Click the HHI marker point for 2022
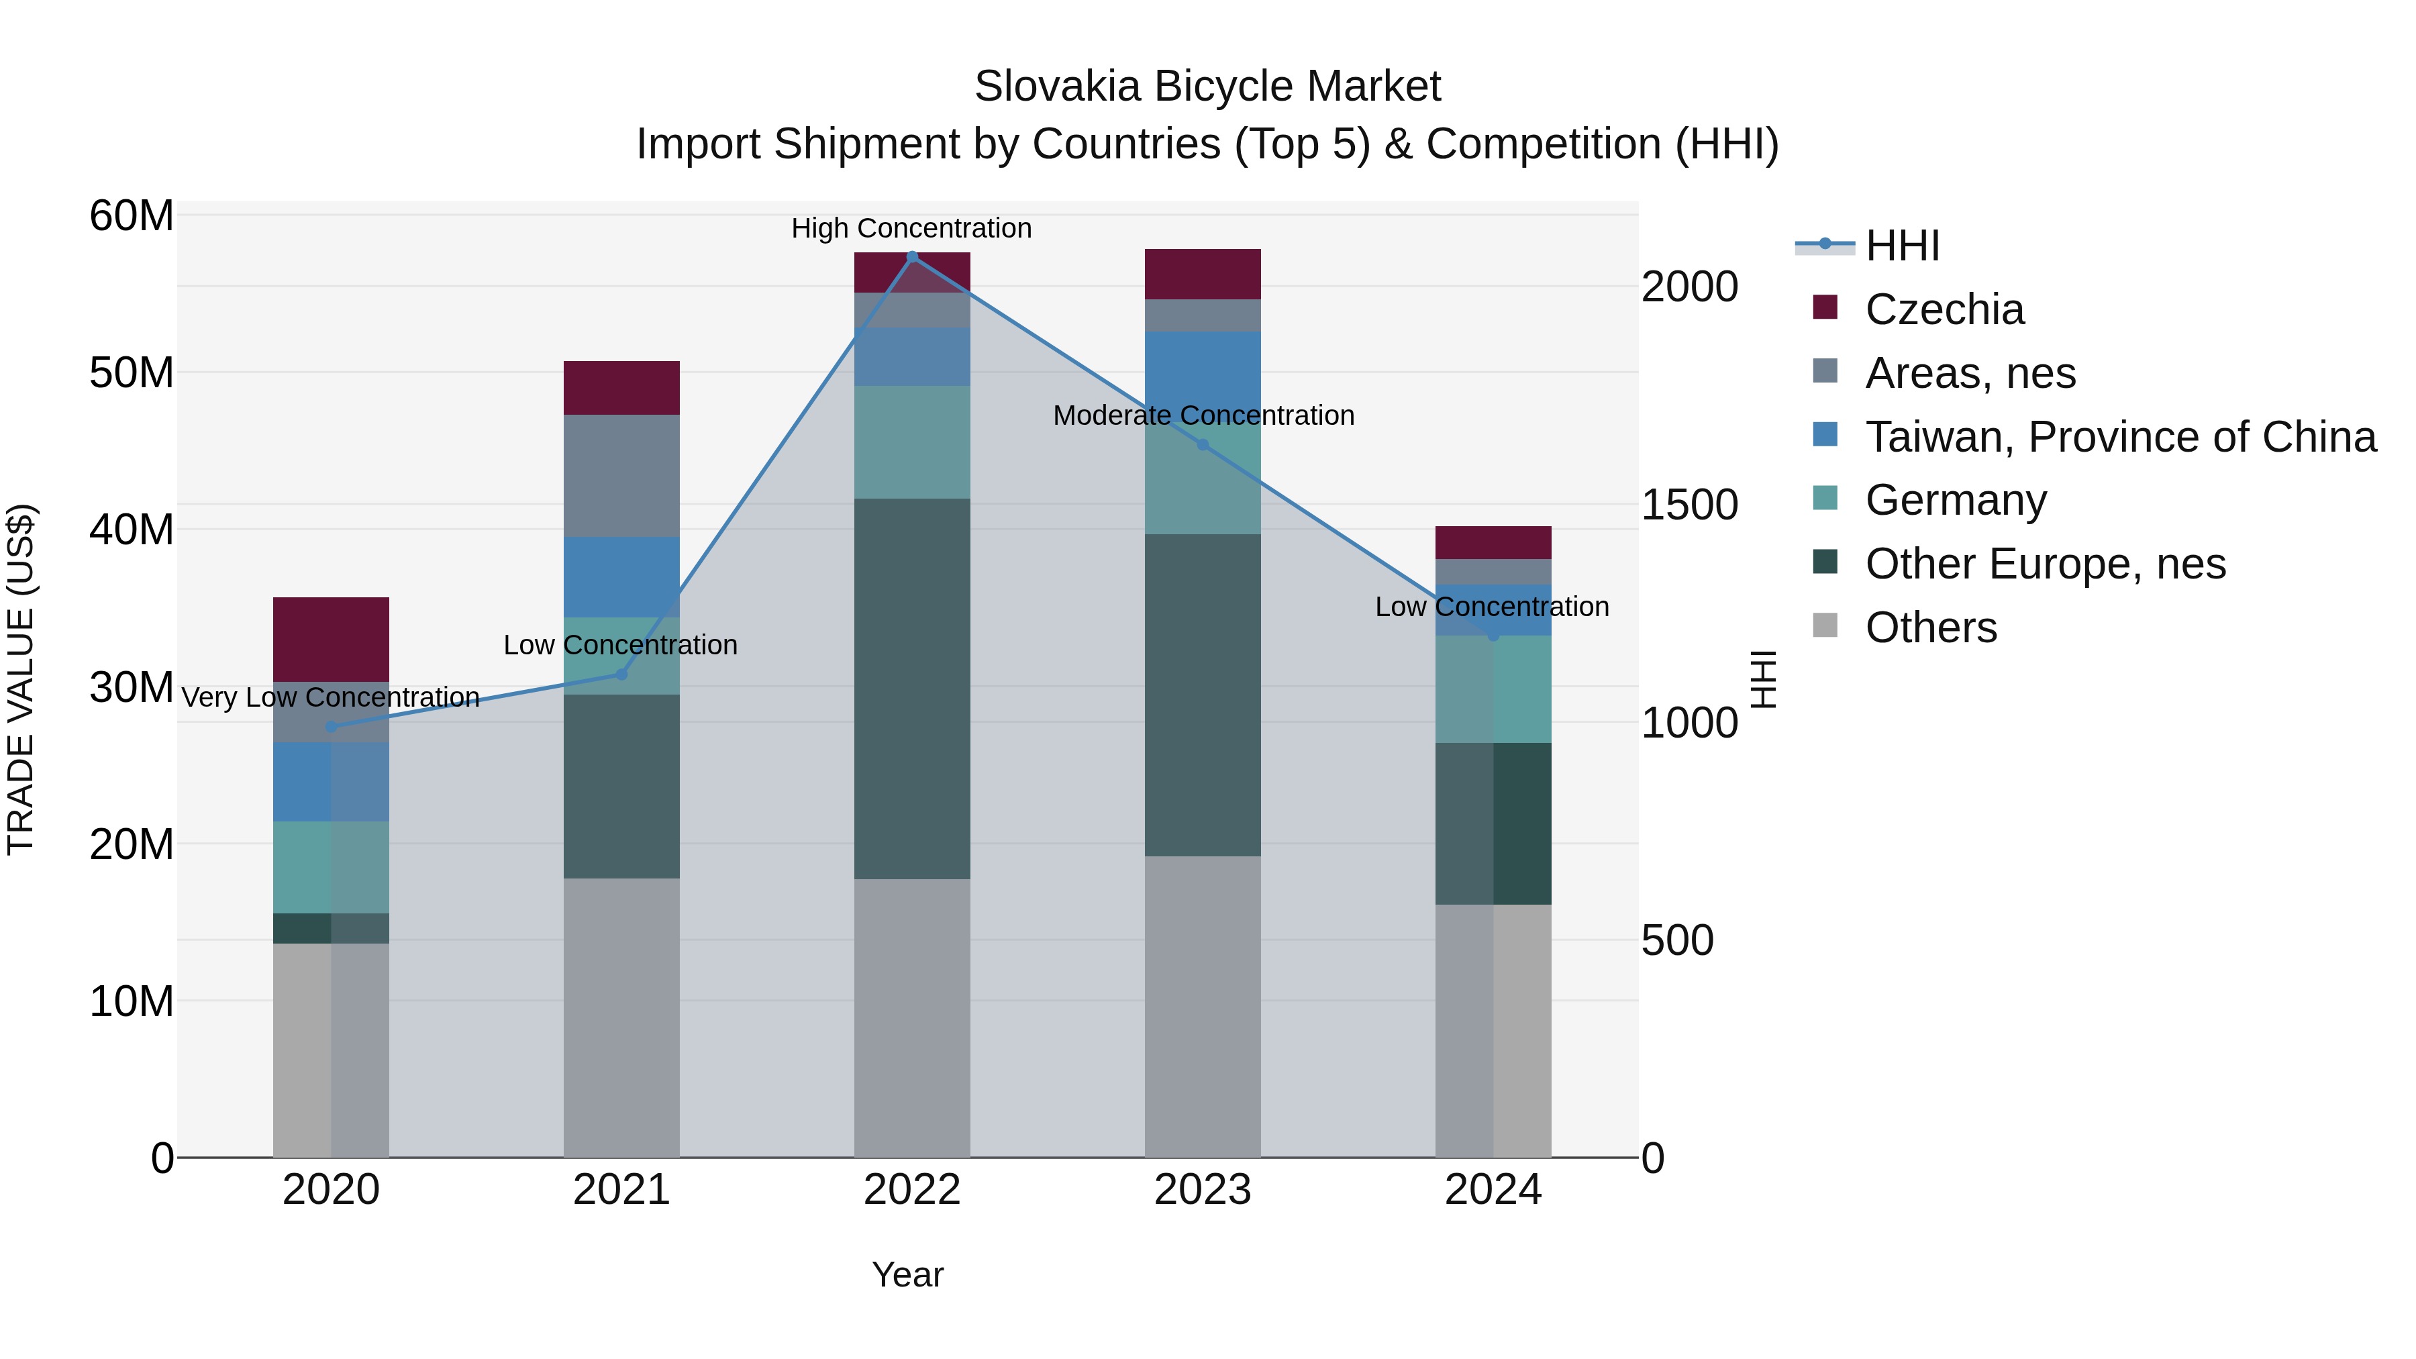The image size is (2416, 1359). coord(911,257)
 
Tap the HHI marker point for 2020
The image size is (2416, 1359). coord(330,727)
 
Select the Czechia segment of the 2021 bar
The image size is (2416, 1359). coord(621,387)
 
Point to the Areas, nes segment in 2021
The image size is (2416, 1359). coord(621,476)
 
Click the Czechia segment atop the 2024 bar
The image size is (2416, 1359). coord(1493,542)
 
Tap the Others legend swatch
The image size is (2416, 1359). coord(1825,625)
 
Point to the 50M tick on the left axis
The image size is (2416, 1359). coord(132,372)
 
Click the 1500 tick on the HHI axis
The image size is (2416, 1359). coord(1689,505)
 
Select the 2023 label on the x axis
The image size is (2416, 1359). coord(1203,1190)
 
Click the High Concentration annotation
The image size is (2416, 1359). coord(911,228)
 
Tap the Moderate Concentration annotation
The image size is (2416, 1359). coord(1203,415)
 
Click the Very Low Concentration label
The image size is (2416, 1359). coord(330,697)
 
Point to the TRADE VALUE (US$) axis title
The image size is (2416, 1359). coord(21,679)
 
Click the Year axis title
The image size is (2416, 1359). coord(907,1274)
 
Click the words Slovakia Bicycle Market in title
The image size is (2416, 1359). coord(1207,87)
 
